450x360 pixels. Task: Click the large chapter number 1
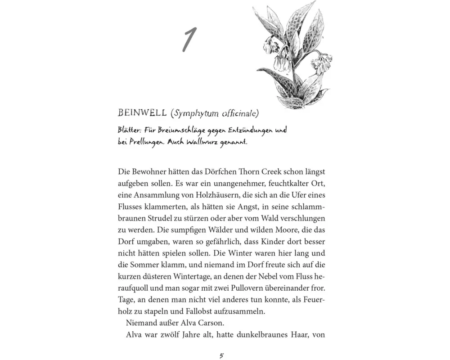click(x=189, y=40)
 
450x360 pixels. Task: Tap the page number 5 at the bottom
click(x=221, y=356)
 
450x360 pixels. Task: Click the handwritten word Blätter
click(x=130, y=130)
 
